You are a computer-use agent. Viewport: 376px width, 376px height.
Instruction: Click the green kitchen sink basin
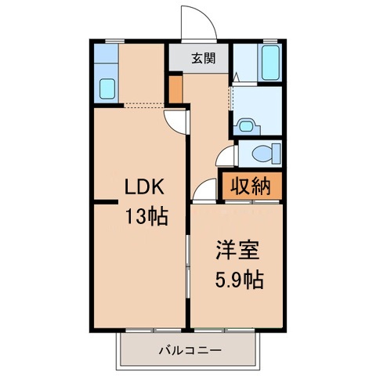point(105,89)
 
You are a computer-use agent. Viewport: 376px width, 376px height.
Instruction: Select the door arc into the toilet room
point(226,154)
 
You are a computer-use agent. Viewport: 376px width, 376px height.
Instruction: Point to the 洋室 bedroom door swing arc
point(204,188)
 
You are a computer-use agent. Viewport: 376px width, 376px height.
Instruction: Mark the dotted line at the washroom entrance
point(231,98)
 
